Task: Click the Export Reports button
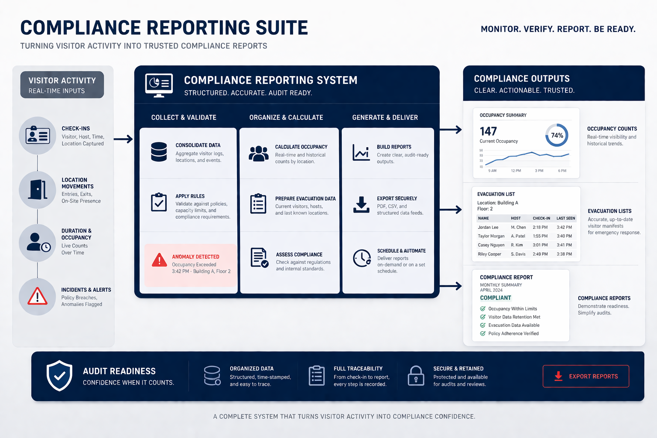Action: pyautogui.click(x=586, y=376)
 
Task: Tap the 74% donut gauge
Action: pyautogui.click(x=556, y=135)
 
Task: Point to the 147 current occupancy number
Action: pyautogui.click(x=488, y=131)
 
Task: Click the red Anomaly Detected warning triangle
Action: pyautogui.click(x=160, y=260)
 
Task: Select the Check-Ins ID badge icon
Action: pyautogui.click(x=38, y=136)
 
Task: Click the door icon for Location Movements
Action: pyautogui.click(x=38, y=189)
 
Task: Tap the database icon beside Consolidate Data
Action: pyautogui.click(x=159, y=152)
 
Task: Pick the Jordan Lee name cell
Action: pyautogui.click(x=488, y=228)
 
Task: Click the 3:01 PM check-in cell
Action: pyautogui.click(x=540, y=245)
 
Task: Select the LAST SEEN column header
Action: pyautogui.click(x=565, y=218)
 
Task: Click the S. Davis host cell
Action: pyautogui.click(x=518, y=254)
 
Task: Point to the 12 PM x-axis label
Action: pyautogui.click(x=516, y=171)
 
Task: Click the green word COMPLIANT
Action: pyautogui.click(x=495, y=298)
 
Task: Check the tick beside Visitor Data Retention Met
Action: pyautogui.click(x=482, y=317)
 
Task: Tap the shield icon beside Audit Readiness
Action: pyautogui.click(x=59, y=376)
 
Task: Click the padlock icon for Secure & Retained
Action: pyautogui.click(x=415, y=376)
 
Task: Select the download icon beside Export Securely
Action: pyautogui.click(x=361, y=204)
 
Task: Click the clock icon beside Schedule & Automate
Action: pyautogui.click(x=362, y=258)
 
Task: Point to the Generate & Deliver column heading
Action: pyautogui.click(x=385, y=117)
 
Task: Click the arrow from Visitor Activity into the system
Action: pyautogui.click(x=123, y=139)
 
